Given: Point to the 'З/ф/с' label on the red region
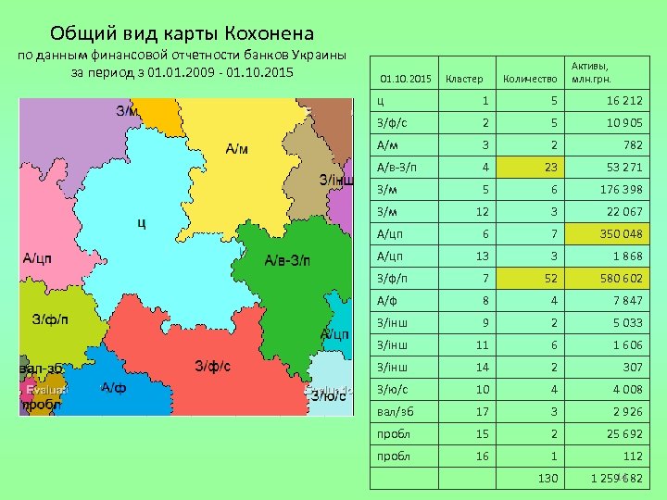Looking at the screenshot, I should (213, 366).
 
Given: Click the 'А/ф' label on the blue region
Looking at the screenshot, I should (114, 387).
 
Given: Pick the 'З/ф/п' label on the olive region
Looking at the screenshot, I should (50, 320).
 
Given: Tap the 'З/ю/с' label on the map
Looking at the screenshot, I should (328, 395).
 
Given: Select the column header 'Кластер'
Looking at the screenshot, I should (463, 78).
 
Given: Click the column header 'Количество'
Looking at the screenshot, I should (530, 78).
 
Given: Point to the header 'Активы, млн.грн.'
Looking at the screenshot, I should (597, 72).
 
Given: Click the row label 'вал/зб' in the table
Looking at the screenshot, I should (394, 411).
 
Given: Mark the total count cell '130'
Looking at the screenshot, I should (548, 478).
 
